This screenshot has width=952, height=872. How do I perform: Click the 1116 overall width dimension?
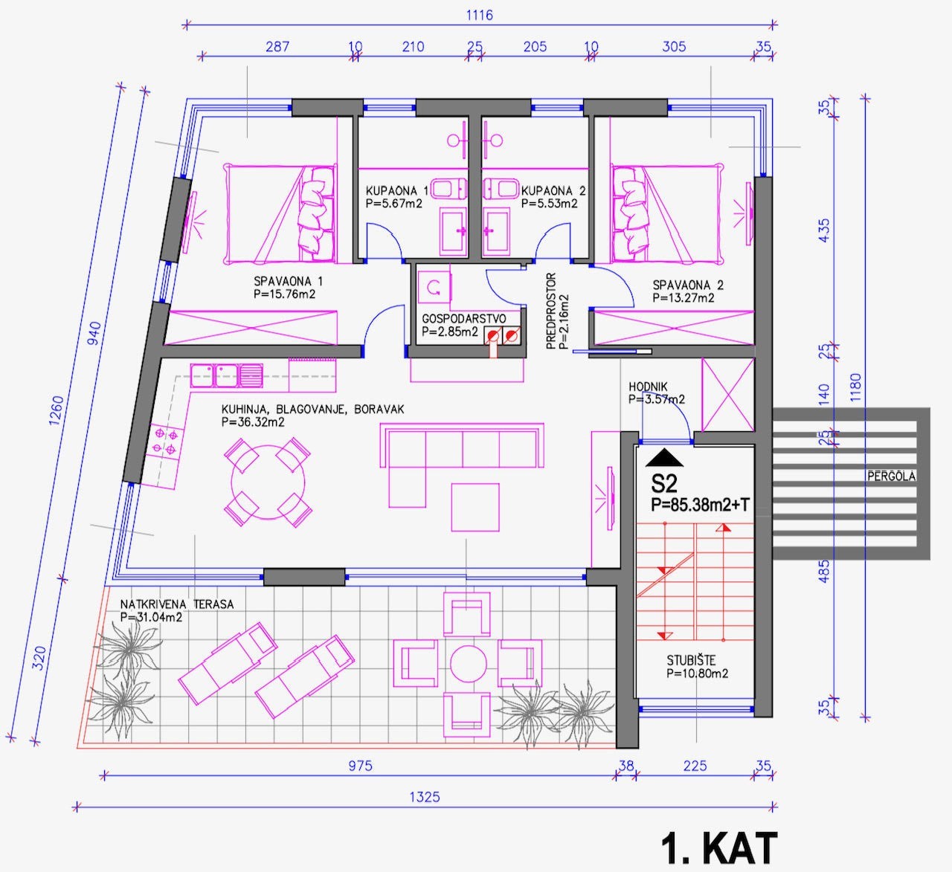(479, 15)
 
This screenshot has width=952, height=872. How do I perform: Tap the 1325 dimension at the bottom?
(425, 797)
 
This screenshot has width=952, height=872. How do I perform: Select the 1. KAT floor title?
(719, 847)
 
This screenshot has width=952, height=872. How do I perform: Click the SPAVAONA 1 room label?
(288, 281)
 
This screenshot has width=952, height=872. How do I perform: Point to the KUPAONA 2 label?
(553, 191)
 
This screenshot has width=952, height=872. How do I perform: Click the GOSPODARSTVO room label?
(463, 318)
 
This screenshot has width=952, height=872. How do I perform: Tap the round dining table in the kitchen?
(268, 482)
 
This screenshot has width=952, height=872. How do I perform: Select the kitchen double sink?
(226, 375)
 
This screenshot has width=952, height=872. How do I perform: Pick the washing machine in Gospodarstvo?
(434, 287)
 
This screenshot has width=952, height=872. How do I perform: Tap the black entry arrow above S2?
(664, 457)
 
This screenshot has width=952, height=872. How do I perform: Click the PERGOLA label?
(891, 477)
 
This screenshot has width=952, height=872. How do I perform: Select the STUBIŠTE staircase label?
(691, 660)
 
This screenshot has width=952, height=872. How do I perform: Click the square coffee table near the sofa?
(475, 507)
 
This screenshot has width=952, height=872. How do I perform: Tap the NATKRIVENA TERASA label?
(177, 604)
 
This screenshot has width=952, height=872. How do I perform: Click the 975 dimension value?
(360, 766)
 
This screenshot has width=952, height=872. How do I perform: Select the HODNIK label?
(649, 387)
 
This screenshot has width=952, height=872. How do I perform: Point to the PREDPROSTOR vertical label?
(551, 311)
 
